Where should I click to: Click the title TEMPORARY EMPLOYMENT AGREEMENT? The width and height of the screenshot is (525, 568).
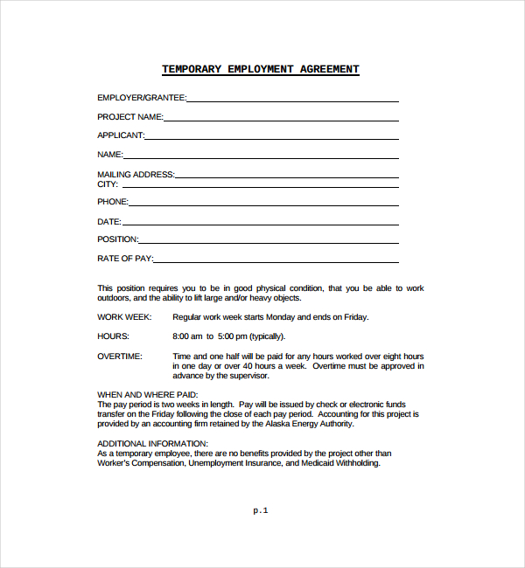pyautogui.click(x=261, y=70)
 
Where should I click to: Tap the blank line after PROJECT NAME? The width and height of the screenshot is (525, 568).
pyautogui.click(x=280, y=118)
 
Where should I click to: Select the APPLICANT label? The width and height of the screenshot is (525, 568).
pyautogui.click(x=121, y=135)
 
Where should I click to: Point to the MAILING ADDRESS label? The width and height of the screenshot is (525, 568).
pyautogui.click(x=136, y=175)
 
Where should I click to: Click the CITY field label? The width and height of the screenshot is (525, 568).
pyautogui.click(x=108, y=184)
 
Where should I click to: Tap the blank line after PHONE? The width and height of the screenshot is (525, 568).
pyautogui.click(x=262, y=204)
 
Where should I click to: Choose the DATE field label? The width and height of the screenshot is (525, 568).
pyautogui.click(x=109, y=222)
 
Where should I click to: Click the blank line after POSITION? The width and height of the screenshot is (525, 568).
pyautogui.click(x=268, y=240)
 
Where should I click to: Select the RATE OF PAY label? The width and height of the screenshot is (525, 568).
pyautogui.click(x=125, y=259)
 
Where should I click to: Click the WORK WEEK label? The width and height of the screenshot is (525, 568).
pyautogui.click(x=124, y=317)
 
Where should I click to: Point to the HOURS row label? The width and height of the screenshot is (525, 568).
pyautogui.click(x=113, y=336)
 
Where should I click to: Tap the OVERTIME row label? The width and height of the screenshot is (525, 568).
pyautogui.click(x=120, y=357)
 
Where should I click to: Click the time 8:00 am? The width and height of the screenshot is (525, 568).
pyautogui.click(x=188, y=336)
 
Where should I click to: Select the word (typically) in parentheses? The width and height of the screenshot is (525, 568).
pyautogui.click(x=267, y=336)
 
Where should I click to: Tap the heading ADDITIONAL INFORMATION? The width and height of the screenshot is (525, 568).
pyautogui.click(x=152, y=444)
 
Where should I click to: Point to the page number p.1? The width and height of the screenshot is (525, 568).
pyautogui.click(x=261, y=510)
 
